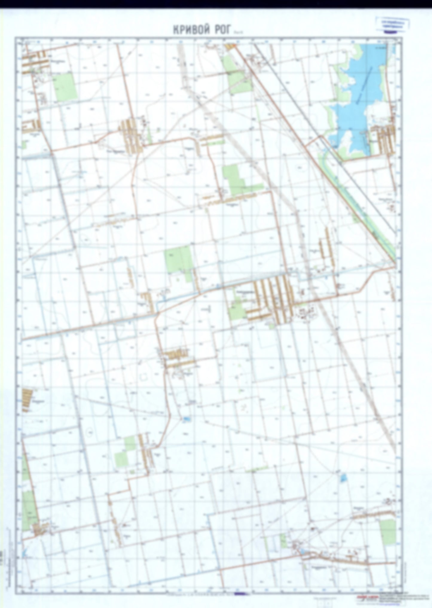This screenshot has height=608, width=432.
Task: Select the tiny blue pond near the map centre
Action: tap(186, 419)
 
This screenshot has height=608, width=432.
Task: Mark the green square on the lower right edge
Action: tap(388, 531)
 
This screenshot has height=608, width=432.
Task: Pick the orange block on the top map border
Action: tap(230, 46)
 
